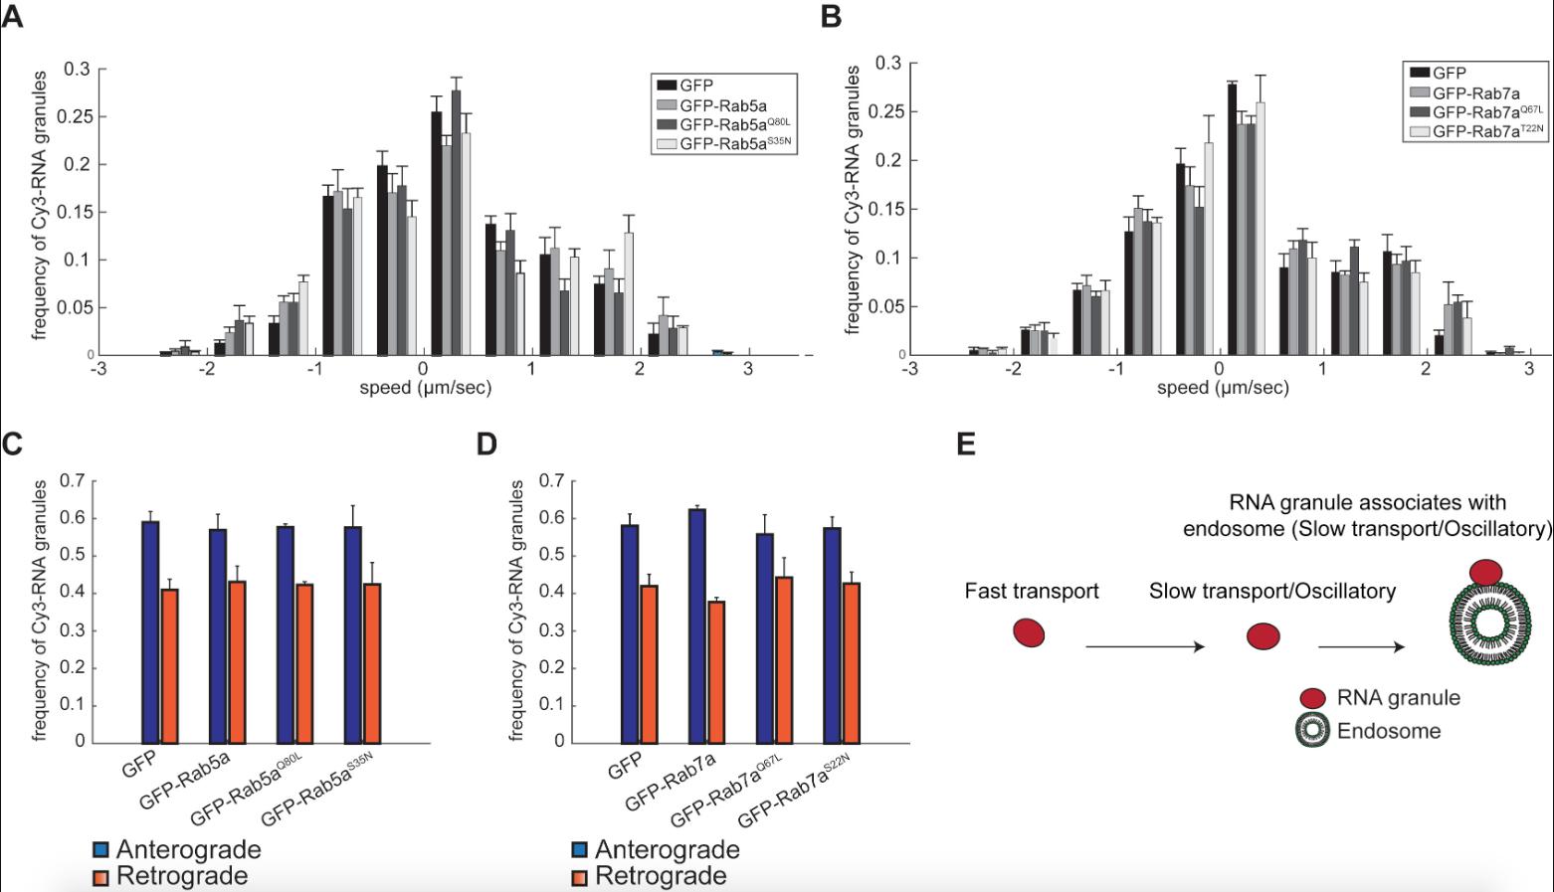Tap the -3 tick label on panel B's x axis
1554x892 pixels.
(909, 369)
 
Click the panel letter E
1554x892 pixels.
(965, 444)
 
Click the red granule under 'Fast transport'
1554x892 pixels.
(1029, 632)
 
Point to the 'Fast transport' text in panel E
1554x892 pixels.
(1032, 592)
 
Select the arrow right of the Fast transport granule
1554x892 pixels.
(1144, 647)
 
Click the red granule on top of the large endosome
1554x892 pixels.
(1485, 572)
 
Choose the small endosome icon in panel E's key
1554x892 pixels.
(1313, 731)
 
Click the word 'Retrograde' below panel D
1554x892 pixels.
(661, 876)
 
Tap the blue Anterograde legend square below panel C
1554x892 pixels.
(100, 850)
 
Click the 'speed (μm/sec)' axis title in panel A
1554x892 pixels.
(425, 387)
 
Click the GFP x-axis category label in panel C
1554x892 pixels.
(137, 768)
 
